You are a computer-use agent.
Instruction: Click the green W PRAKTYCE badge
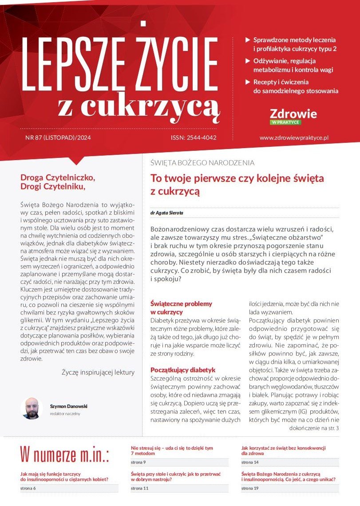(286, 122)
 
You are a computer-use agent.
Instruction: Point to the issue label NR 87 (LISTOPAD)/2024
(58, 138)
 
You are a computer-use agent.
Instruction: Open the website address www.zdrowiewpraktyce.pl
(294, 138)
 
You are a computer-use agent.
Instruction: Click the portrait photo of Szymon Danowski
(31, 408)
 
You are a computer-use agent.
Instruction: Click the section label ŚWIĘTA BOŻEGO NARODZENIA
(203, 163)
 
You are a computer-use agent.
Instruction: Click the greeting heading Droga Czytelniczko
(58, 177)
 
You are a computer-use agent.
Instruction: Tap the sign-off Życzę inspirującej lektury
(98, 373)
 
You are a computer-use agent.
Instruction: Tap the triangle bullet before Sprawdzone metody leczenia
(248, 39)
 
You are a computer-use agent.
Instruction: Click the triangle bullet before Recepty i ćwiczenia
(248, 82)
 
